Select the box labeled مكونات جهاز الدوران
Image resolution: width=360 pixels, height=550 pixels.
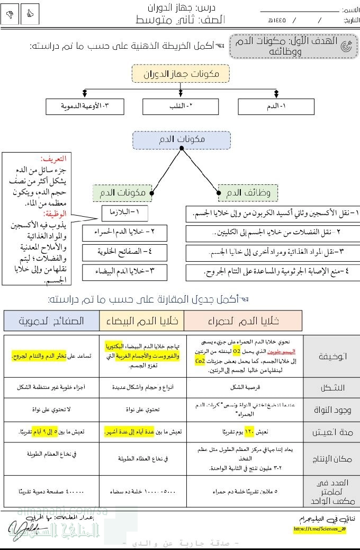[x=180, y=74]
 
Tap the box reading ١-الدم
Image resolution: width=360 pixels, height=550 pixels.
[x=275, y=107]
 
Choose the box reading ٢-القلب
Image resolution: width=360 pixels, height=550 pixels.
[x=180, y=107]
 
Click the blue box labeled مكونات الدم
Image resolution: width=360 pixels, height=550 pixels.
[x=182, y=140]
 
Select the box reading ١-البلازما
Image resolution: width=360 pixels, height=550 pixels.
[x=125, y=213]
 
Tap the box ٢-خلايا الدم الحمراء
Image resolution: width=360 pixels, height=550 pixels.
[x=124, y=233]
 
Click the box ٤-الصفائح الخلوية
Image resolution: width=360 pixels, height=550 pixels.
[x=124, y=252]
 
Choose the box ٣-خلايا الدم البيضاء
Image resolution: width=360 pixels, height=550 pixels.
[x=124, y=272]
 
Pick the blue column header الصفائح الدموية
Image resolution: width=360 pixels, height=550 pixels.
[x=51, y=321]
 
